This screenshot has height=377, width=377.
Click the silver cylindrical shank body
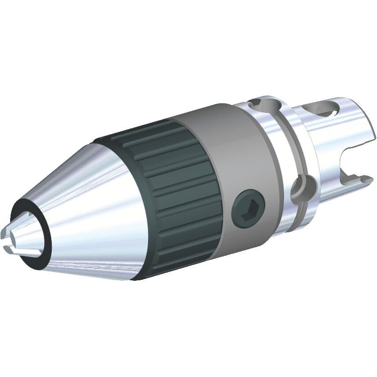[322, 132]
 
